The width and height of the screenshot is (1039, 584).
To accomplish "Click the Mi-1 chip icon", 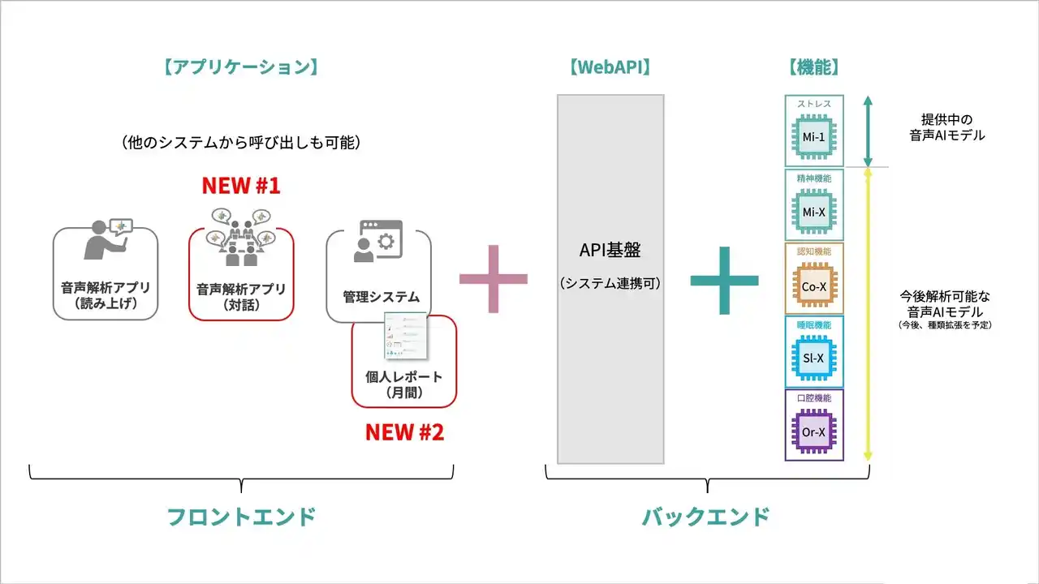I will coord(813,136).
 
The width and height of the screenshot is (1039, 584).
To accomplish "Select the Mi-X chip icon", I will coord(813,211).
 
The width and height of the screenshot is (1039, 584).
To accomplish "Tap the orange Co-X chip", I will coord(813,285).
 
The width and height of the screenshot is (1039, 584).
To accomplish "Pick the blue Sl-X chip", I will coord(813,358).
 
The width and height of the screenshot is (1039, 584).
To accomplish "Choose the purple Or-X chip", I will coord(813,432).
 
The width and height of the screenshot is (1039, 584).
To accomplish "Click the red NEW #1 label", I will coord(240,186).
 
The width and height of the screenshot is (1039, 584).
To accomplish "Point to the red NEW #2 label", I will coord(404,432).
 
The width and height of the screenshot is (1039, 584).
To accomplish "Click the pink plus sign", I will coord(494,280).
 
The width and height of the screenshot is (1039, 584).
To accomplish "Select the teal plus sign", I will coord(724,281).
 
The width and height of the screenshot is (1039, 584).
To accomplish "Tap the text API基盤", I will coord(610,251).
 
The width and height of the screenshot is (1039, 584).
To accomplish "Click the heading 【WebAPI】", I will coord(610,67).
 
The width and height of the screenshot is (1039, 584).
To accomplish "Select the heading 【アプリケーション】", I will coord(240,67).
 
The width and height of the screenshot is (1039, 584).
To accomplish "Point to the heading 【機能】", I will coord(813,67).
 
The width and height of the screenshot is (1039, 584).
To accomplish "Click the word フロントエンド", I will coord(241,517).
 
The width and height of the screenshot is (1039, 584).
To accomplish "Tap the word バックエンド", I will coord(706,517).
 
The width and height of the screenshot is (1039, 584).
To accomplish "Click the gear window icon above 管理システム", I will coord(377,241).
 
